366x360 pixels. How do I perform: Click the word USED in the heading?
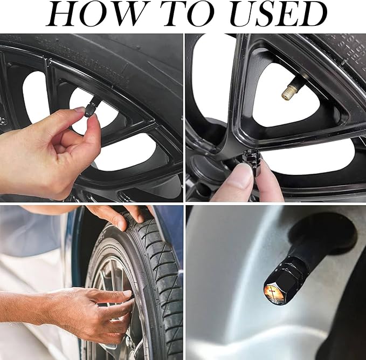pos(278,13)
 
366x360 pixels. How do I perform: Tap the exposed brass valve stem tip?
pos(288,93)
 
